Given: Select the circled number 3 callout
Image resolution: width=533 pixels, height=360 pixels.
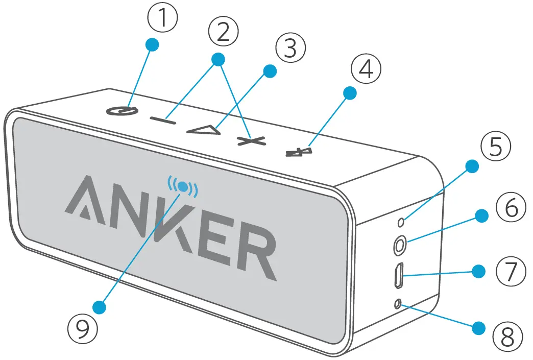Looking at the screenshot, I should pos(290,49).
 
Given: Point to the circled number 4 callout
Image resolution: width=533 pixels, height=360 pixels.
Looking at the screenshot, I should pos(366,70).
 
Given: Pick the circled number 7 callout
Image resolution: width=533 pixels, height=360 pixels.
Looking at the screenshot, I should pos(511,273).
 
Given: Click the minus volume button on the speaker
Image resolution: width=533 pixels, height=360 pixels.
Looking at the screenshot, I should pos(163,120).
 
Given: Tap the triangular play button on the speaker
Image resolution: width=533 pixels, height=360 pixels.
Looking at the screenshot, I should pos(204,130).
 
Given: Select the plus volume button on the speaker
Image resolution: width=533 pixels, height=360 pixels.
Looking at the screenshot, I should pos(252,140).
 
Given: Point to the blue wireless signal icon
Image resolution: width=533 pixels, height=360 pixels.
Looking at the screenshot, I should pos(183,187).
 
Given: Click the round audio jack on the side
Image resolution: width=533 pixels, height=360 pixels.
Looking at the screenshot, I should pos(399,246).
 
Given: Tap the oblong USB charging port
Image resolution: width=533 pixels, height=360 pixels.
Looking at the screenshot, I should pos(399,276).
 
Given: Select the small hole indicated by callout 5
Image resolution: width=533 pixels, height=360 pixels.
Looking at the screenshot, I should pos(401,221).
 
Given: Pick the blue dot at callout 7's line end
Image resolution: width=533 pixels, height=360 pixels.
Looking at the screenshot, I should pos(478,271).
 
